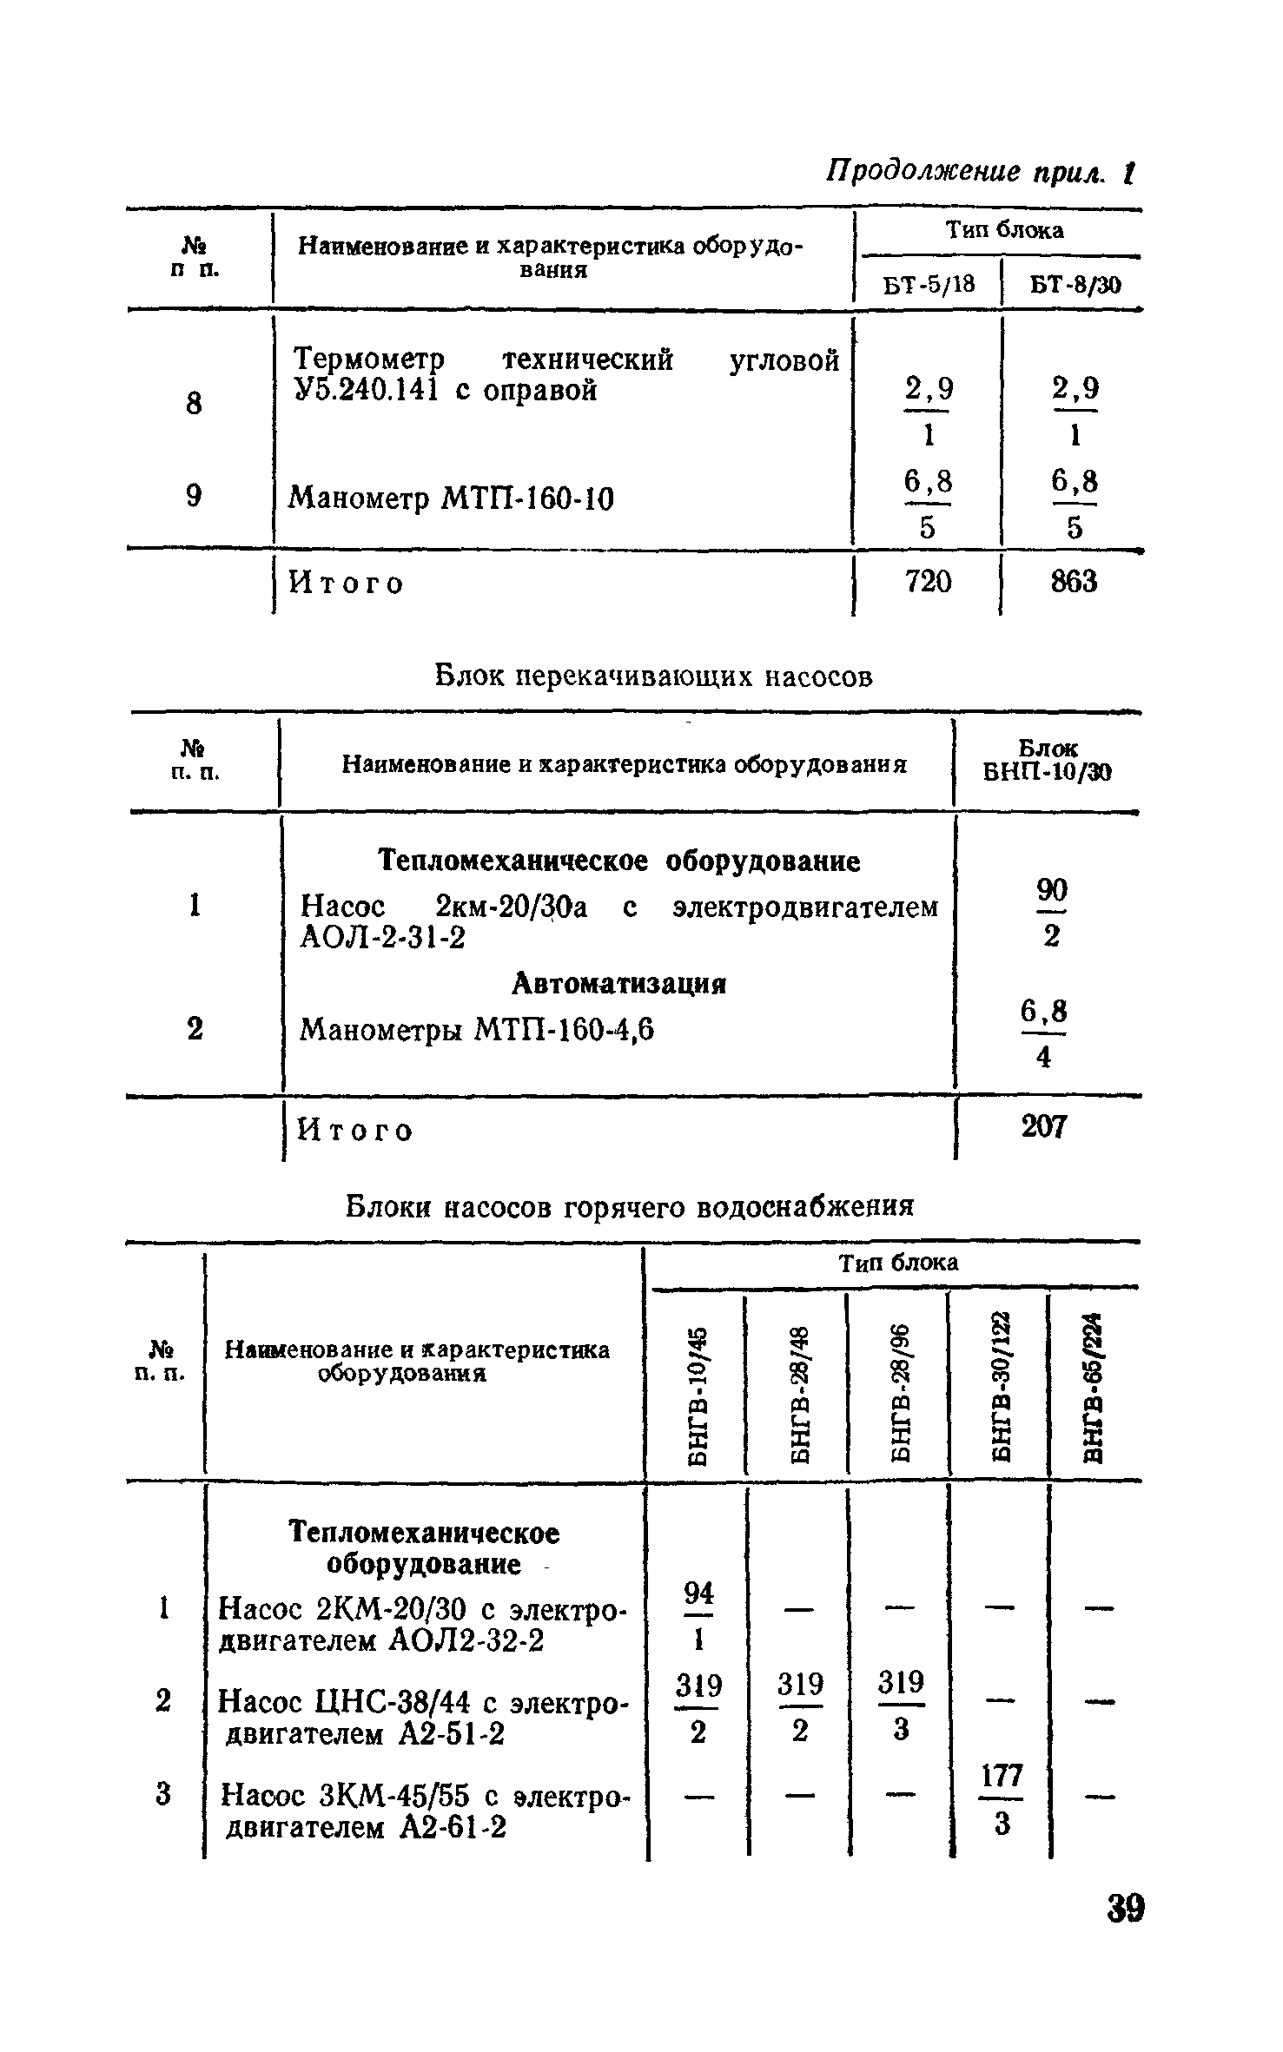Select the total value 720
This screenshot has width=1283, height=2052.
[x=928, y=582]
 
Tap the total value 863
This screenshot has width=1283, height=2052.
[x=1074, y=582]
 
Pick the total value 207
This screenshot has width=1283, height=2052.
[x=1042, y=1127]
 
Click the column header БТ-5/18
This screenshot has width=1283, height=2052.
[x=929, y=285]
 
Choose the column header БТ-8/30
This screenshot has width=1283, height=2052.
[x=1075, y=285]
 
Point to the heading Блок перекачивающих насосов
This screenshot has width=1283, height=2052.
[x=652, y=676]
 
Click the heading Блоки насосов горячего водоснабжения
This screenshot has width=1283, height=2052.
[x=630, y=1206]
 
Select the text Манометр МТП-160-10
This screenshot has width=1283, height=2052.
[x=451, y=499]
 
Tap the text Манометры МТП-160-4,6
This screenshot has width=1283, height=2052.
[x=477, y=1030]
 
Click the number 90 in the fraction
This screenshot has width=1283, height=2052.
[x=1051, y=889]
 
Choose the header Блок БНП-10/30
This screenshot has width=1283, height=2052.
[x=1047, y=761]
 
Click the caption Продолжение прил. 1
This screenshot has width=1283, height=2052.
[x=980, y=172]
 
